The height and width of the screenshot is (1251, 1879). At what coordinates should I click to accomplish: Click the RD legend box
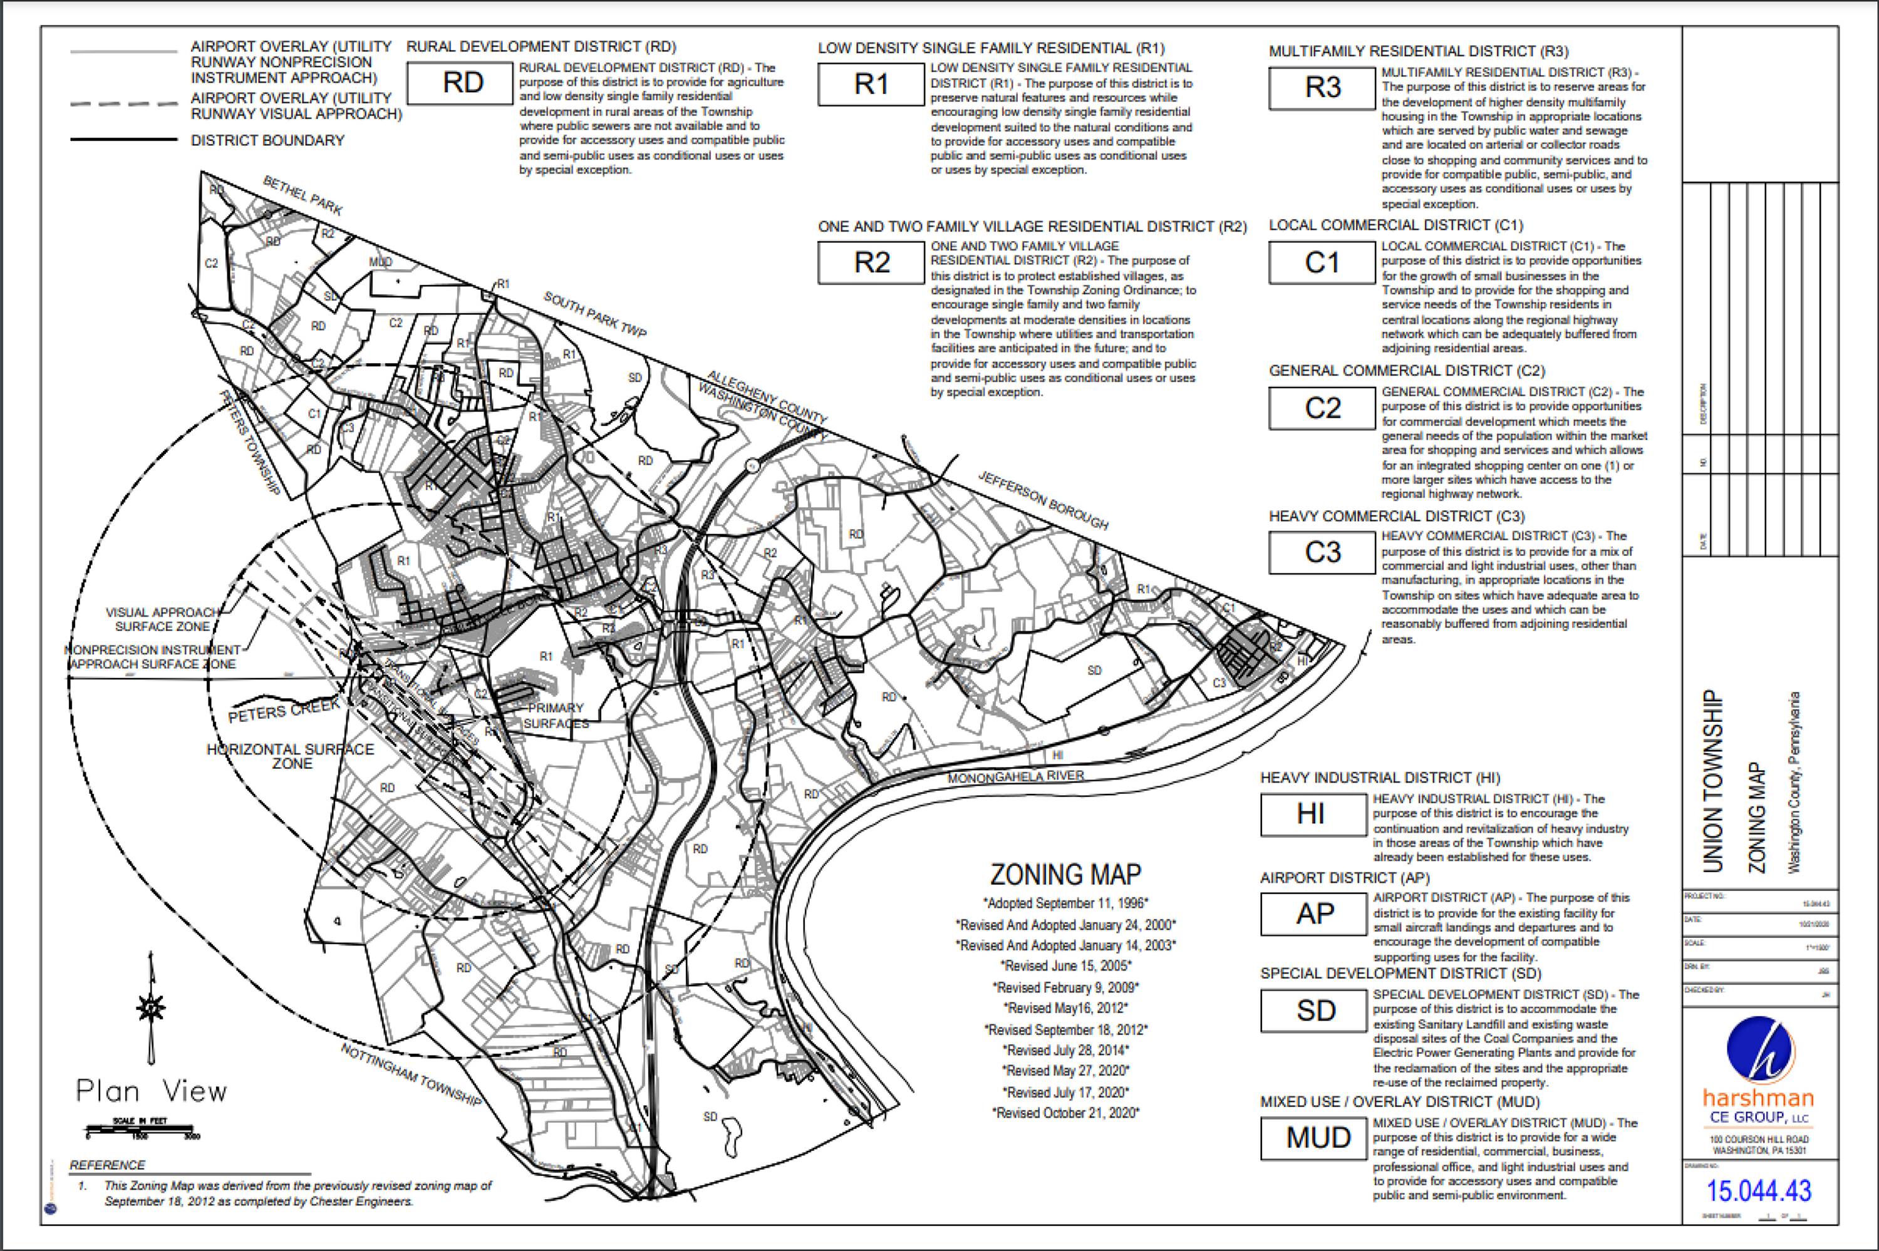[460, 83]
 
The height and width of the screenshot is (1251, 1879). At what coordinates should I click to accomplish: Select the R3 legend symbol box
[1322, 88]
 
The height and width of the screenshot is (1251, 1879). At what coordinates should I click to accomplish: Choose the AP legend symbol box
[1313, 914]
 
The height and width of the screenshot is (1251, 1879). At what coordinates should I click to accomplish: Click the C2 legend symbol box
[1322, 408]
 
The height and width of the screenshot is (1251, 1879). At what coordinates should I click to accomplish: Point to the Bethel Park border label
[303, 196]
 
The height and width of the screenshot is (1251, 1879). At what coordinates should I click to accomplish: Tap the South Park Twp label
[594, 314]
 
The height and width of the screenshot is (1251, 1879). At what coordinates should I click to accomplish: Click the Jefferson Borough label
[1043, 500]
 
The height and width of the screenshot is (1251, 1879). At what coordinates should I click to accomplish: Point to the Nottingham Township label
[411, 1074]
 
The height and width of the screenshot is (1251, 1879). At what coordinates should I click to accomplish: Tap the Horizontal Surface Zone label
[291, 756]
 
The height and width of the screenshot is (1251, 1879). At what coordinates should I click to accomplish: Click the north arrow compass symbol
[151, 1007]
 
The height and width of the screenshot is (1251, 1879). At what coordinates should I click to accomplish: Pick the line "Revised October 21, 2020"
[1065, 1113]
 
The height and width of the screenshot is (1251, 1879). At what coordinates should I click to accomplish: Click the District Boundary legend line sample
[123, 140]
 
